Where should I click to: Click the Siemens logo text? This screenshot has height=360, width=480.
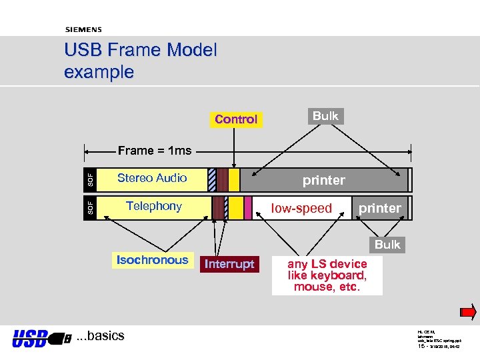[83, 29]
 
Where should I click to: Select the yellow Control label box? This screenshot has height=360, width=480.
[236, 119]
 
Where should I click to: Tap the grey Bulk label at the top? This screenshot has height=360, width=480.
[325, 116]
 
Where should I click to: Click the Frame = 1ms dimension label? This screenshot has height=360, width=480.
[155, 151]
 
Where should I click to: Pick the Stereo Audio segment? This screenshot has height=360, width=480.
[152, 178]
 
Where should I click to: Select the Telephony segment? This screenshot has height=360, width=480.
[154, 206]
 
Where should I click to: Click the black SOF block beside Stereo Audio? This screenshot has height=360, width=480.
[90, 179]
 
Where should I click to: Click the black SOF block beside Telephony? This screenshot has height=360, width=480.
[90, 207]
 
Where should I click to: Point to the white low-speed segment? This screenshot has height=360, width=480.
[301, 208]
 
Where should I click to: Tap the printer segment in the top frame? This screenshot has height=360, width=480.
[324, 180]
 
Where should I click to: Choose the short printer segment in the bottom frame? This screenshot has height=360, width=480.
[380, 208]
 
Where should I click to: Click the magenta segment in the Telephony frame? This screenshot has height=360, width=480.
[248, 207]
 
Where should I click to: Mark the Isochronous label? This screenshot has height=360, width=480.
[152, 260]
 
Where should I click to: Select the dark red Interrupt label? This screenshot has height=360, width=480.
[229, 264]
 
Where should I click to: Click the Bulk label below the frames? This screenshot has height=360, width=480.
[387, 245]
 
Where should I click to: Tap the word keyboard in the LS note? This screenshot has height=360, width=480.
[340, 275]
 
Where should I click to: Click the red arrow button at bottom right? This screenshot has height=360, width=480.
[468, 311]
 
